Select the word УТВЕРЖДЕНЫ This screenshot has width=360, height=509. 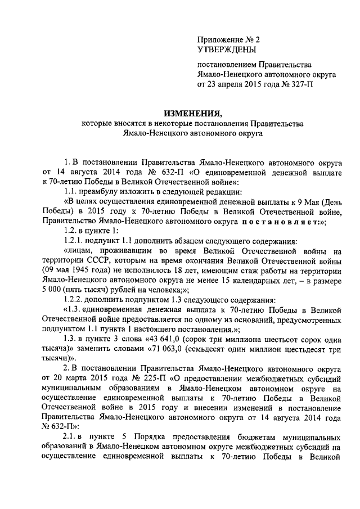coord(222,50)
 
